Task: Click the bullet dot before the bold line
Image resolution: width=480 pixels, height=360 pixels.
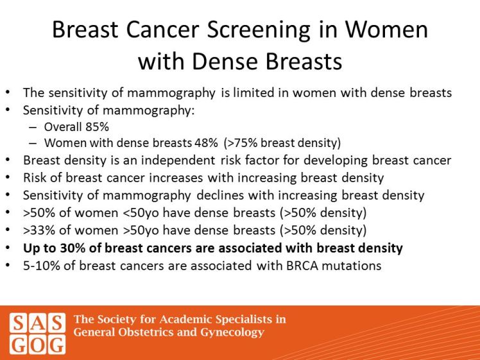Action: pos(7,247)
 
